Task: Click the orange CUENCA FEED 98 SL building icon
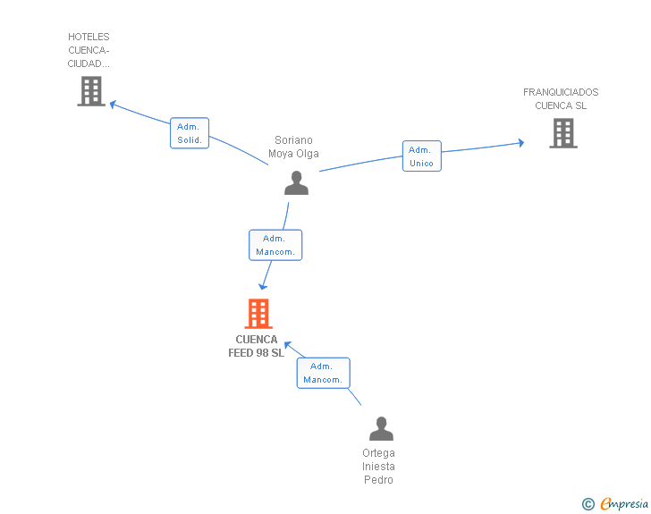click(x=258, y=314)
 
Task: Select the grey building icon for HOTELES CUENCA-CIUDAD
click(x=91, y=91)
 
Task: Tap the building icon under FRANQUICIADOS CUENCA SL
click(x=563, y=133)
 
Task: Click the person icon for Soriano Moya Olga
click(x=297, y=182)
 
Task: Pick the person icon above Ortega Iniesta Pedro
click(x=381, y=428)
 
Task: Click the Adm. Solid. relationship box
click(x=190, y=133)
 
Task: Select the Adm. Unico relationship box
click(x=422, y=156)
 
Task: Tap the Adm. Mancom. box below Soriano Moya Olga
click(x=275, y=245)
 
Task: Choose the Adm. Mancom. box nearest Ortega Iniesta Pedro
click(x=323, y=373)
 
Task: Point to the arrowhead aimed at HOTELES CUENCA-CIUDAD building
click(x=113, y=104)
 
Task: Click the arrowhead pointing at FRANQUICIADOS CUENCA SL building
click(x=521, y=143)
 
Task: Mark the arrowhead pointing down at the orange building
click(x=263, y=286)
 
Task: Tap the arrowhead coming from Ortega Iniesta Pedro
click(x=288, y=345)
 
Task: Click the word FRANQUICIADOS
click(x=561, y=92)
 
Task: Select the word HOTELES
click(x=89, y=37)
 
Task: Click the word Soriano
click(x=293, y=140)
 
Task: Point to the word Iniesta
click(x=378, y=467)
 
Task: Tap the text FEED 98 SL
click(x=256, y=353)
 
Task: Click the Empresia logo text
click(x=624, y=503)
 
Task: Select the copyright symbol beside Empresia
click(x=588, y=504)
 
